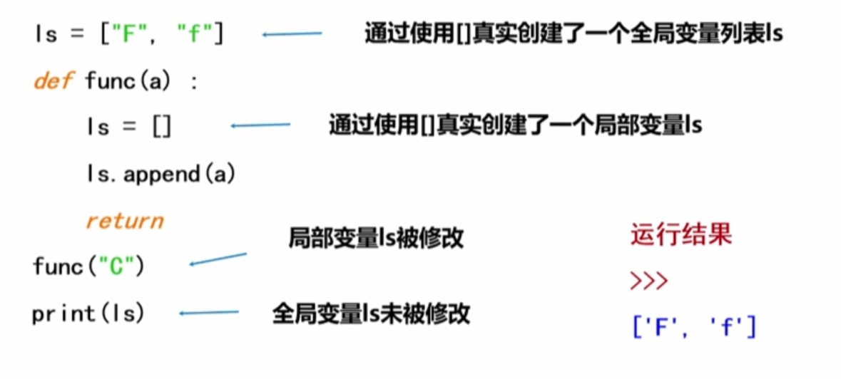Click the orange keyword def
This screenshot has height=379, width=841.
[x=53, y=81]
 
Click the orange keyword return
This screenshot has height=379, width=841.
[x=125, y=220]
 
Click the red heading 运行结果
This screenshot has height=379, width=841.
[x=681, y=234]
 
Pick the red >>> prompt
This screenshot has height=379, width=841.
[x=649, y=281]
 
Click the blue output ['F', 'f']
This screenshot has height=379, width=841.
[x=693, y=327]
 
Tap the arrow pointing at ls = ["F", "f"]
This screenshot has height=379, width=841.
[x=292, y=33]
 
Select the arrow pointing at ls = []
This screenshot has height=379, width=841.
[x=260, y=126]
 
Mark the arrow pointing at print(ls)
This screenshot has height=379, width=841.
[x=209, y=312]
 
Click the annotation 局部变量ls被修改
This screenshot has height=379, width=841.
[x=376, y=238]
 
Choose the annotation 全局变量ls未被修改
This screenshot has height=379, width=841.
[x=371, y=313]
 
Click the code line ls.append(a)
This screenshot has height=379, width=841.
[x=160, y=173]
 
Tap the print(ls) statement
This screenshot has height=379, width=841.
[x=88, y=313]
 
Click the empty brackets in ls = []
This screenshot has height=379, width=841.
[x=162, y=127]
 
